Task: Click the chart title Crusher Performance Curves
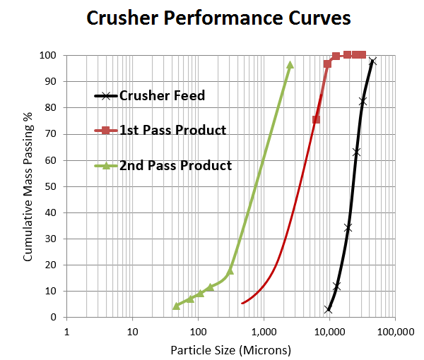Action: [x=218, y=18]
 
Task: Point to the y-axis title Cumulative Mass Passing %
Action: [x=29, y=186]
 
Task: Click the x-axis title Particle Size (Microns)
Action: [x=230, y=349]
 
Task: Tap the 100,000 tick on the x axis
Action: [x=394, y=331]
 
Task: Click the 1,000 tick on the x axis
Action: [x=264, y=331]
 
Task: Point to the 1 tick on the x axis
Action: [x=66, y=331]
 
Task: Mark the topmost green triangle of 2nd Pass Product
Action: [x=290, y=65]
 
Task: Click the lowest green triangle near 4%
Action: [x=177, y=306]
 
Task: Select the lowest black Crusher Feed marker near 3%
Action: [x=329, y=309]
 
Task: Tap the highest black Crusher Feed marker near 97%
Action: [x=372, y=61]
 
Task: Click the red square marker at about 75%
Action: [x=316, y=119]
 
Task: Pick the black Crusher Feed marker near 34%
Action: [x=348, y=227]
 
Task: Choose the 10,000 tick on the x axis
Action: [x=329, y=331]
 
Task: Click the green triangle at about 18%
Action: [x=230, y=270]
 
